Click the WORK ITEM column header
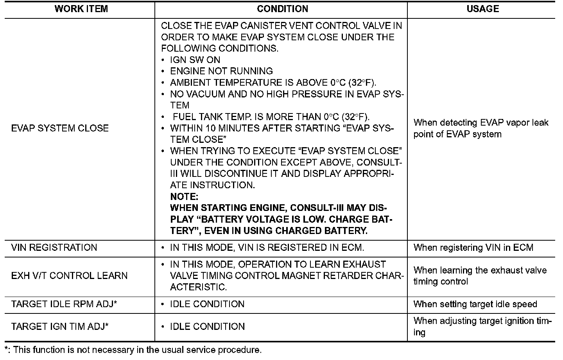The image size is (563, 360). pyautogui.click(x=81, y=9)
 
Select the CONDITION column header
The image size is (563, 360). pyautogui.click(x=282, y=9)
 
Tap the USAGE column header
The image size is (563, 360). pyautogui.click(x=482, y=9)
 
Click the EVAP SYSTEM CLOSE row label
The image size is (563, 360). pyautogui.click(x=60, y=128)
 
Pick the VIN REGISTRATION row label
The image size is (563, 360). pyautogui.click(x=54, y=248)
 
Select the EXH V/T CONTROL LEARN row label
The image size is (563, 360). pyautogui.click(x=69, y=276)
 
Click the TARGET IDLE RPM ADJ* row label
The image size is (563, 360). pyautogui.click(x=64, y=304)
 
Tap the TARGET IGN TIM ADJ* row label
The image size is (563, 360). pyautogui.click(x=60, y=327)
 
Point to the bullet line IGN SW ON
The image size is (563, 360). pyautogui.click(x=195, y=60)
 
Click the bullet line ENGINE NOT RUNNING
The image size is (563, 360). pyautogui.click(x=221, y=72)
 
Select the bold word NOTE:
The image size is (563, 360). pyautogui.click(x=184, y=197)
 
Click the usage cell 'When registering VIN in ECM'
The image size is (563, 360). pyautogui.click(x=473, y=248)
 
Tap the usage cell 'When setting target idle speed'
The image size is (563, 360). pyautogui.click(x=475, y=304)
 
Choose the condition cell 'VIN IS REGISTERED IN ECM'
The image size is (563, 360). pyautogui.click(x=267, y=248)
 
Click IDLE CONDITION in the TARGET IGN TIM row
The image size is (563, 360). pyautogui.click(x=207, y=327)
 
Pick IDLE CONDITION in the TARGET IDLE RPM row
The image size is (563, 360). pyautogui.click(x=207, y=304)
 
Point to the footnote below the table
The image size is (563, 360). pyautogui.click(x=133, y=350)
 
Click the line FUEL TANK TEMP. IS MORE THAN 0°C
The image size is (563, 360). pyautogui.click(x=271, y=117)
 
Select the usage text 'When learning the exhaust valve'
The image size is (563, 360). pyautogui.click(x=480, y=270)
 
